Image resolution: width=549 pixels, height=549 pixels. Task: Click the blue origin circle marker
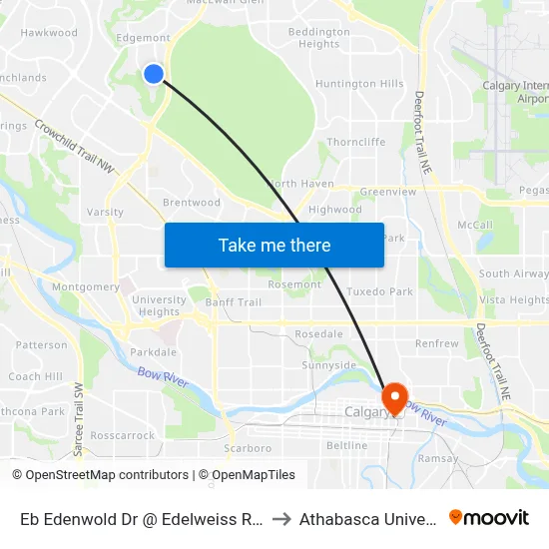point(154,73)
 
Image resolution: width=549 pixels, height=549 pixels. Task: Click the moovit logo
point(489,517)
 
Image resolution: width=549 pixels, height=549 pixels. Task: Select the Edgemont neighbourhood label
point(143,38)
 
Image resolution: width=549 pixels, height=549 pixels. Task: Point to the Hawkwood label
point(49,33)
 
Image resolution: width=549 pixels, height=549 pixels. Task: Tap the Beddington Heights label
point(319,38)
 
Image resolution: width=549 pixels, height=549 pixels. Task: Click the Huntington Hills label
point(359,84)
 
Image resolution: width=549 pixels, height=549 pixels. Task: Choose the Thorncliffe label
point(355,142)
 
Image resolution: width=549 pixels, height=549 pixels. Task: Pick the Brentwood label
point(191,203)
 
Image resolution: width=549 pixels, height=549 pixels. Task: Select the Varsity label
point(106,212)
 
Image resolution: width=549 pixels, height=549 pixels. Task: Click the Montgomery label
point(86,286)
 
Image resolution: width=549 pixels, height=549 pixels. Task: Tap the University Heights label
point(159,305)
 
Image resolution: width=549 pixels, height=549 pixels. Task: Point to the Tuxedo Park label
point(379,291)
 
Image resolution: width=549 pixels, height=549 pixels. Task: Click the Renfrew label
point(437,343)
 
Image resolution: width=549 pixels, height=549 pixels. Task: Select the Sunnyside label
point(328,365)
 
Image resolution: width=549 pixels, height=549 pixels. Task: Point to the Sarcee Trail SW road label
point(77,405)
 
